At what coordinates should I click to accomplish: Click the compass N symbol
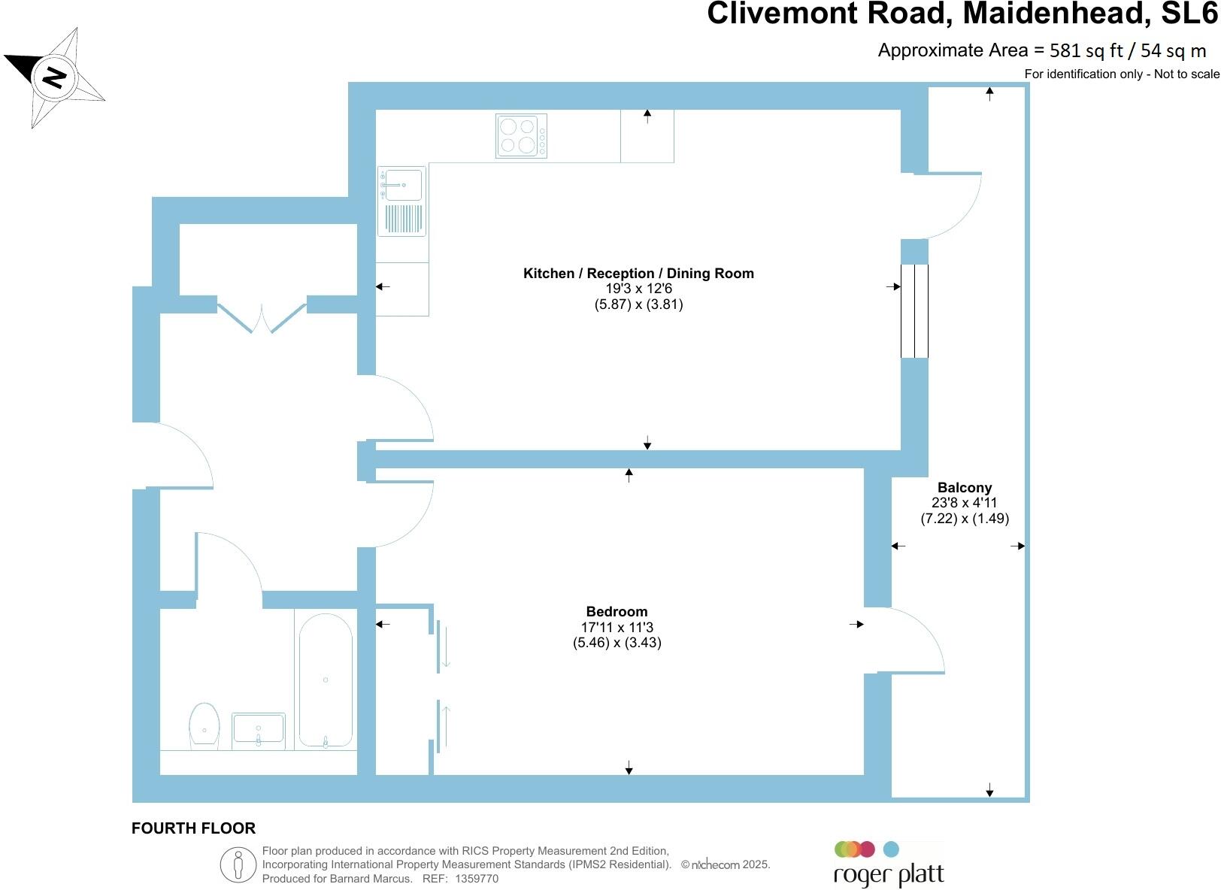click(54, 77)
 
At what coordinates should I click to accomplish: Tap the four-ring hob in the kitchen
click(521, 136)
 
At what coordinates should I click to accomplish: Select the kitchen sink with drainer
click(401, 201)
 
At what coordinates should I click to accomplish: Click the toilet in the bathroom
click(205, 725)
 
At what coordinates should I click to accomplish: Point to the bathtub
click(326, 680)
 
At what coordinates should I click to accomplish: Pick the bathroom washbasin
click(259, 731)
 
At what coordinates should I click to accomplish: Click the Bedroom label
click(617, 612)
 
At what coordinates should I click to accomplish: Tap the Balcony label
click(965, 487)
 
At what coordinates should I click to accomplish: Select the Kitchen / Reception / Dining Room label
click(638, 273)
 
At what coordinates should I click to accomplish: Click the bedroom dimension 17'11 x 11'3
click(617, 628)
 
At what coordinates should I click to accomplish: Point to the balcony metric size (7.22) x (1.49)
click(965, 519)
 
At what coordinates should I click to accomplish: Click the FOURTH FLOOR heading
click(193, 828)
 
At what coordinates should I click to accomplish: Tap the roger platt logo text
click(889, 875)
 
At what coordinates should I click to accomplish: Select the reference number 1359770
click(477, 879)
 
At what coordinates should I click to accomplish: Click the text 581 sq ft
click(1086, 50)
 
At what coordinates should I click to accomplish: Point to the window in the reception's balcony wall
click(914, 311)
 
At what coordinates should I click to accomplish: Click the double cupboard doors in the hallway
click(262, 318)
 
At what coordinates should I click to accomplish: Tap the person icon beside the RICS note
click(238, 864)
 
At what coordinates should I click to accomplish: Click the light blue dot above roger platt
click(891, 849)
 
